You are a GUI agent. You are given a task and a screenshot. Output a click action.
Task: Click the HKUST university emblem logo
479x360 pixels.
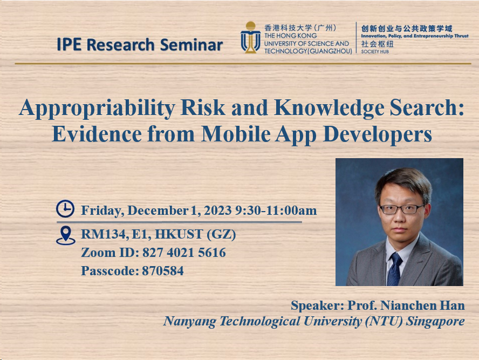coord(250,38)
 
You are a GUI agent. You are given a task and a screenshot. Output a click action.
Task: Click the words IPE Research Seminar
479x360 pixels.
coord(140,44)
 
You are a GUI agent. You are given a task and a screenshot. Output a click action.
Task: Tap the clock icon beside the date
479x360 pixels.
coord(65,209)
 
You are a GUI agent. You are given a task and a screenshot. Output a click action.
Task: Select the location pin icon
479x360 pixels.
coord(65,235)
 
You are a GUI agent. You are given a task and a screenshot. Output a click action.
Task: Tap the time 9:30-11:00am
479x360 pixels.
coord(276,210)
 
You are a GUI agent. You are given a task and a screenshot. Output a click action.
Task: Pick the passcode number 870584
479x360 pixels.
coord(162,271)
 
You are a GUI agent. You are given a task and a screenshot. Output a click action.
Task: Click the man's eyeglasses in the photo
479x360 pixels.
coord(402,209)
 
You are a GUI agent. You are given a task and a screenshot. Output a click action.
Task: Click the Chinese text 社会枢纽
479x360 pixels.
coord(378,44)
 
